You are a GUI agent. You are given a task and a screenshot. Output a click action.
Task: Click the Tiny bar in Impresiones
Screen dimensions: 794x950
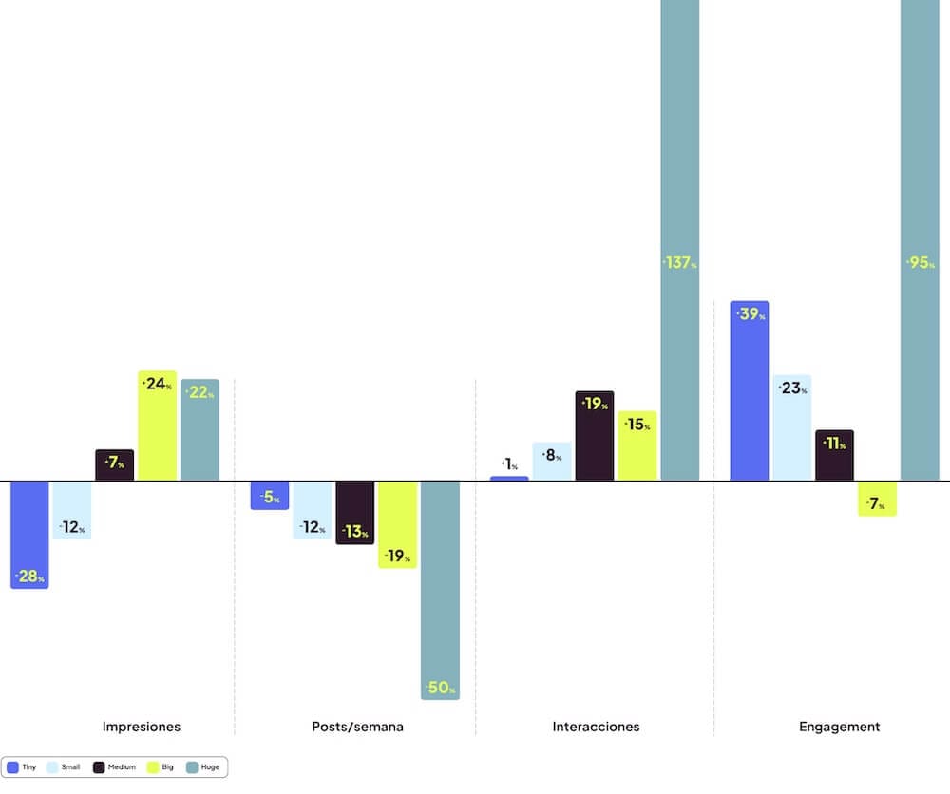click(x=28, y=534)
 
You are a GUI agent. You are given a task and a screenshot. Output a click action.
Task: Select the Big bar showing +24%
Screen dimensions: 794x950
click(x=157, y=425)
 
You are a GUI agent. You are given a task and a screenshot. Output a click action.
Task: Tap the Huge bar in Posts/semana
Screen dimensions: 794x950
click(x=440, y=589)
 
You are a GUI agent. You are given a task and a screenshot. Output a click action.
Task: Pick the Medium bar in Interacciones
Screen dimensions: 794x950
click(x=595, y=436)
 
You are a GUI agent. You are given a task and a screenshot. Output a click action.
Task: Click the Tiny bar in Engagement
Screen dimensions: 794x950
click(x=749, y=390)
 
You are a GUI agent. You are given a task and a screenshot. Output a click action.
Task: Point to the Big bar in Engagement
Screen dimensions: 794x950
click(x=877, y=498)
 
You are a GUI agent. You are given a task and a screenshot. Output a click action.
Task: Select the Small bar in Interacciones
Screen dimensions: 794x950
click(x=552, y=462)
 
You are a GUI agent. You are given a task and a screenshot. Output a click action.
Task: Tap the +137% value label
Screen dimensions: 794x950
click(x=680, y=263)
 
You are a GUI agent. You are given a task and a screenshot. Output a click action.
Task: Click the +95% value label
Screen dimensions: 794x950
click(x=921, y=263)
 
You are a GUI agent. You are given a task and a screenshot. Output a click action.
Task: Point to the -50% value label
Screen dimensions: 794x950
click(x=440, y=688)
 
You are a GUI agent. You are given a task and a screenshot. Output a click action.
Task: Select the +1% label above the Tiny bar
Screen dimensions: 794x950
click(x=509, y=464)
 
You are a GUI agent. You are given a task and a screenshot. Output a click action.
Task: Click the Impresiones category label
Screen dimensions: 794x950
click(x=142, y=727)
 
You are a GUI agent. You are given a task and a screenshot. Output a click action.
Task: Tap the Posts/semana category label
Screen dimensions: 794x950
click(x=357, y=727)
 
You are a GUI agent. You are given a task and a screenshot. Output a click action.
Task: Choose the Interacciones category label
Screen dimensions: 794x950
click(x=596, y=727)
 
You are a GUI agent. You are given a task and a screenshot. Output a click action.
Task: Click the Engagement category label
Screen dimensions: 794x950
click(x=840, y=727)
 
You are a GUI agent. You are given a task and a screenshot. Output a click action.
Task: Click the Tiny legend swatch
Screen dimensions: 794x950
click(x=13, y=766)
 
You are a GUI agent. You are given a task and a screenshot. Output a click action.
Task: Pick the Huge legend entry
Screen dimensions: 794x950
click(x=205, y=766)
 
